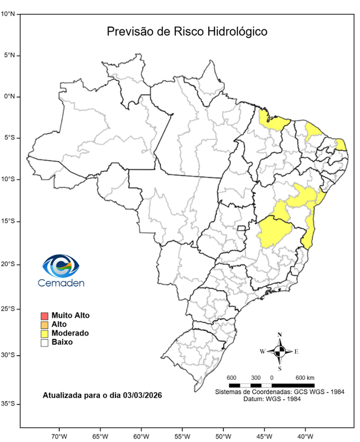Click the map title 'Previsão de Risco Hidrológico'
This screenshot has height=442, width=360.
click(x=187, y=32)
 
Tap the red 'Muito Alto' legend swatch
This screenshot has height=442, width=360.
click(x=44, y=315)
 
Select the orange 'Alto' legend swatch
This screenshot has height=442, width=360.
click(x=44, y=325)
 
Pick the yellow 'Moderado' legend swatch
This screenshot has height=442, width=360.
click(x=44, y=333)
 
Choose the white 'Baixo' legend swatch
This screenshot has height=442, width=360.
click(x=44, y=342)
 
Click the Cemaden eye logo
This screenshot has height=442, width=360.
click(x=61, y=266)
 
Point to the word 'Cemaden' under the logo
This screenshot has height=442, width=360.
click(x=61, y=283)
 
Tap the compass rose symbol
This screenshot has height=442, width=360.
click(x=279, y=351)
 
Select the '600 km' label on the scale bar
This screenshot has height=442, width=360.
click(x=304, y=377)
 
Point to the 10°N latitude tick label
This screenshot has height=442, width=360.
click(x=7, y=14)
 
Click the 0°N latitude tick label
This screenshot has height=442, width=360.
click(x=9, y=97)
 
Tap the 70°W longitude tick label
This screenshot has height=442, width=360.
click(x=59, y=435)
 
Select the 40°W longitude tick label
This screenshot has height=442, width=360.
click(x=304, y=435)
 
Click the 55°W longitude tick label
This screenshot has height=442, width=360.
click(x=182, y=435)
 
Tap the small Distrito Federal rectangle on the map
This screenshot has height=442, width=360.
click(x=242, y=228)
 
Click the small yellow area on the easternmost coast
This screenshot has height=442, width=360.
click(x=341, y=144)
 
